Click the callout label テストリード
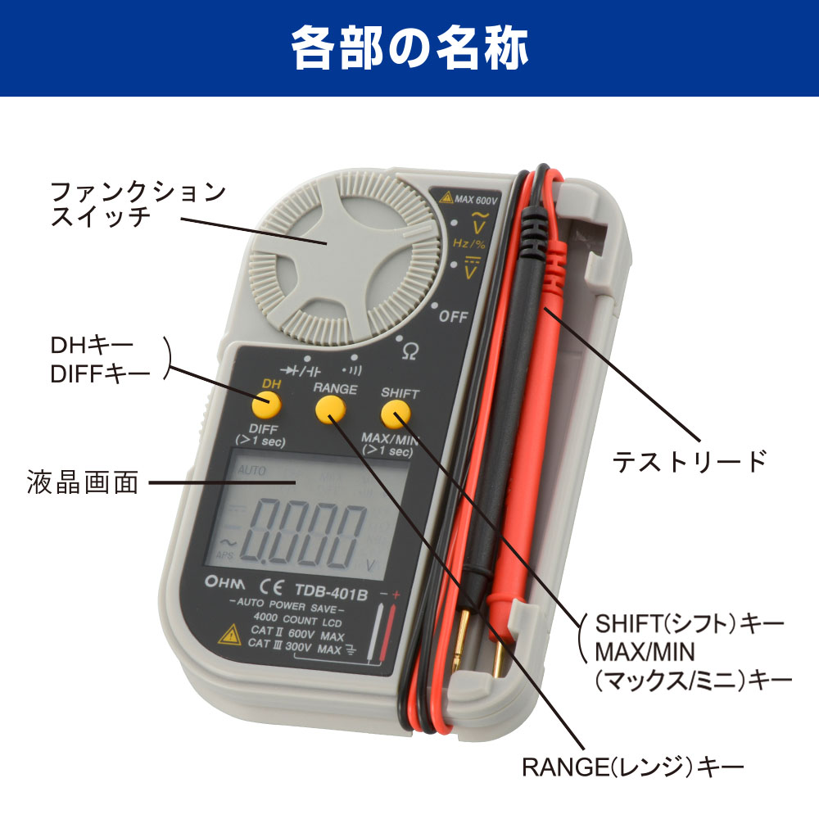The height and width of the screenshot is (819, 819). [x=690, y=461]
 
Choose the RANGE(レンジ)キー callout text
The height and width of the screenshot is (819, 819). [x=632, y=767]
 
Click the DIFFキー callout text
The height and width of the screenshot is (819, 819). [x=100, y=373]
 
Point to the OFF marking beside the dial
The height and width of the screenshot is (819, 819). [x=454, y=317]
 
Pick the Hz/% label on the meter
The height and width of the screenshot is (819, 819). [x=468, y=243]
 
